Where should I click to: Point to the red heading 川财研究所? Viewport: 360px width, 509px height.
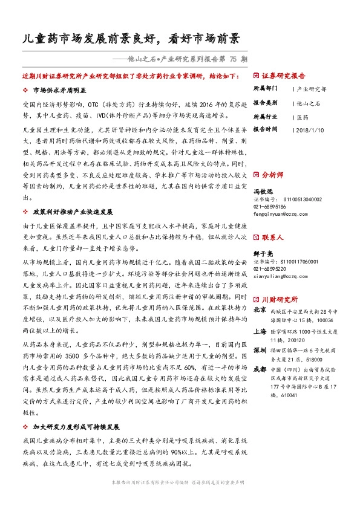[x=279, y=299]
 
